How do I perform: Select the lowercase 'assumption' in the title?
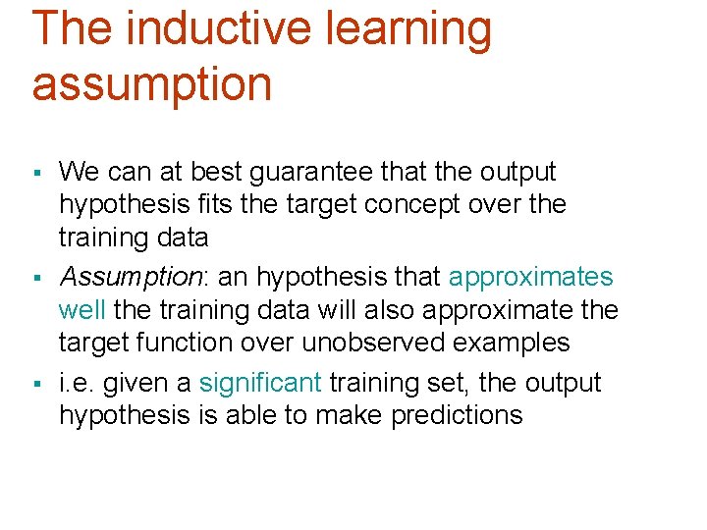click(x=152, y=84)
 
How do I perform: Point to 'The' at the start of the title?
click(x=73, y=28)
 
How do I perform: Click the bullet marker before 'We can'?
click(x=36, y=174)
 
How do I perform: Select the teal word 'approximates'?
click(x=531, y=278)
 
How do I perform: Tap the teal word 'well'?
click(x=82, y=310)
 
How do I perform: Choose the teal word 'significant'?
click(x=260, y=383)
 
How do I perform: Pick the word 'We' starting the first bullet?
click(x=80, y=172)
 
